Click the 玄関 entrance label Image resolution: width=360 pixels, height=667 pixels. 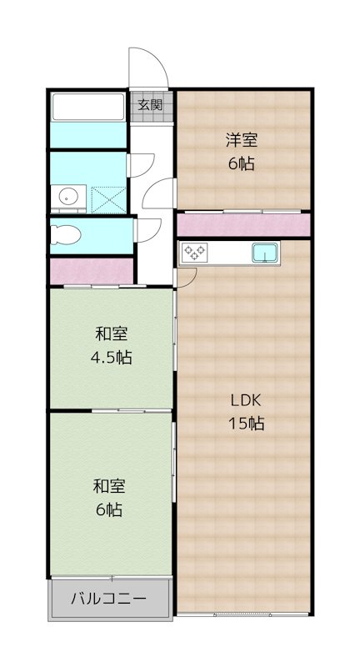point(151,105)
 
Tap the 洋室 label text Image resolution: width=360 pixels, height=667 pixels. point(241,139)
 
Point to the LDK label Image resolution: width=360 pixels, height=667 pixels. point(246,399)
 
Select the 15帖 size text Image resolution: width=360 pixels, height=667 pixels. point(246,424)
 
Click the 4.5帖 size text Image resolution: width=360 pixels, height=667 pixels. point(110,359)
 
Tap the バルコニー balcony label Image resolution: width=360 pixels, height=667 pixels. point(108,599)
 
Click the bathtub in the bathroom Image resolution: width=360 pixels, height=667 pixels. point(88,108)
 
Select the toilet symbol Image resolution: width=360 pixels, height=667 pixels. point(65,233)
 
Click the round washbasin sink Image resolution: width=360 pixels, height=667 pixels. point(67,198)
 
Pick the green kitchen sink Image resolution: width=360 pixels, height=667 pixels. point(267,251)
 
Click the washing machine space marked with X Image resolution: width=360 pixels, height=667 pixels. point(107,198)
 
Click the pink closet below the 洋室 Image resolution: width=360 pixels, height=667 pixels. point(242,225)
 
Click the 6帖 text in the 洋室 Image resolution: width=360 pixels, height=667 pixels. point(241,163)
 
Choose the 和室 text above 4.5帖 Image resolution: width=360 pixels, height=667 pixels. point(110,334)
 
